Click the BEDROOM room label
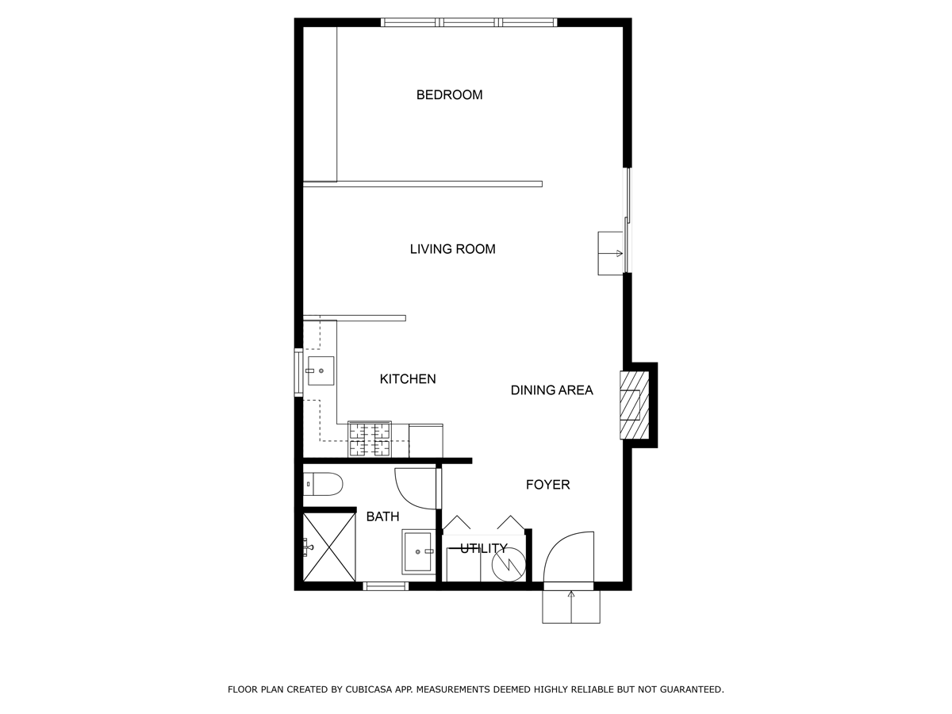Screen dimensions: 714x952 [x=449, y=95]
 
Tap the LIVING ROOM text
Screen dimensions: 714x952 [x=452, y=249]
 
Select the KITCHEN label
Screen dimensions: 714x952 [x=408, y=379]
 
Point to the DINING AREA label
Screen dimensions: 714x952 [x=551, y=390]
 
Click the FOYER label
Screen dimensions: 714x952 [x=547, y=485]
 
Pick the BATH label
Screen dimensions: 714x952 [x=382, y=516]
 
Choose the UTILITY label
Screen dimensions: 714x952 [x=483, y=548]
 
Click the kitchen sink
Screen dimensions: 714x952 [x=321, y=370]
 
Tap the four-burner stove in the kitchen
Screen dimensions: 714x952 [x=370, y=440]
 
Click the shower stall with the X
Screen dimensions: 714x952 [x=329, y=547]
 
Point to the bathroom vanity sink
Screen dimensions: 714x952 [x=418, y=551]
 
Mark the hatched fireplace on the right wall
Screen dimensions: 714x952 [x=630, y=405]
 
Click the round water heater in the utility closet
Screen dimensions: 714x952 [x=508, y=563]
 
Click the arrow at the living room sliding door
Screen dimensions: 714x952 [x=612, y=254]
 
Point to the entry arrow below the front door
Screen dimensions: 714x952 [x=570, y=606]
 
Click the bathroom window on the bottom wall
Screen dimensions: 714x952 [x=386, y=586]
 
